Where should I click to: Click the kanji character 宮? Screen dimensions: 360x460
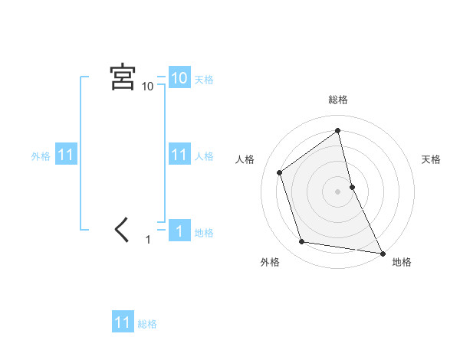tap(123, 77)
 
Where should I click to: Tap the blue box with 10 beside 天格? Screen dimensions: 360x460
tap(179, 78)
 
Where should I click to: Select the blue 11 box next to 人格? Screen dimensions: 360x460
tap(179, 155)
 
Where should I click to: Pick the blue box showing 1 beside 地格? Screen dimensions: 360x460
tap(179, 231)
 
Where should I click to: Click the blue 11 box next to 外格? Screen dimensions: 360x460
tap(65, 155)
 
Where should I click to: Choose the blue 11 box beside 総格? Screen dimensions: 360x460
tap(123, 322)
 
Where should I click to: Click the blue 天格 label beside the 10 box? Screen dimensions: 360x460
tap(204, 79)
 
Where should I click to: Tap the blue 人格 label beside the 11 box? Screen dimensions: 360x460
tap(204, 156)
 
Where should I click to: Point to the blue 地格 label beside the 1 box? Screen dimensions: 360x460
tap(204, 232)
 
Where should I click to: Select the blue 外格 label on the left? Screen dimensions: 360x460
tap(41, 156)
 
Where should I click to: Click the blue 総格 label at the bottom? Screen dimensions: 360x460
tap(147, 324)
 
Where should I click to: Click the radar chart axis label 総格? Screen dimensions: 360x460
tap(338, 100)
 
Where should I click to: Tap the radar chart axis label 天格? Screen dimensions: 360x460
tap(432, 159)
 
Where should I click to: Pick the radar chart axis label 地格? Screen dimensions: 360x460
tap(402, 262)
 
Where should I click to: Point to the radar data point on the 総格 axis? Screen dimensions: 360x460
tap(338, 131)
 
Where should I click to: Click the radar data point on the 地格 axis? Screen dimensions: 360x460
tap(381, 251)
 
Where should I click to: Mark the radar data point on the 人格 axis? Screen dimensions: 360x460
tap(280, 172)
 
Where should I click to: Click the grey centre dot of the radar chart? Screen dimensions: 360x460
tap(338, 191)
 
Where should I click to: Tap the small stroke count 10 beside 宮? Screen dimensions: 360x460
tap(147, 87)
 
